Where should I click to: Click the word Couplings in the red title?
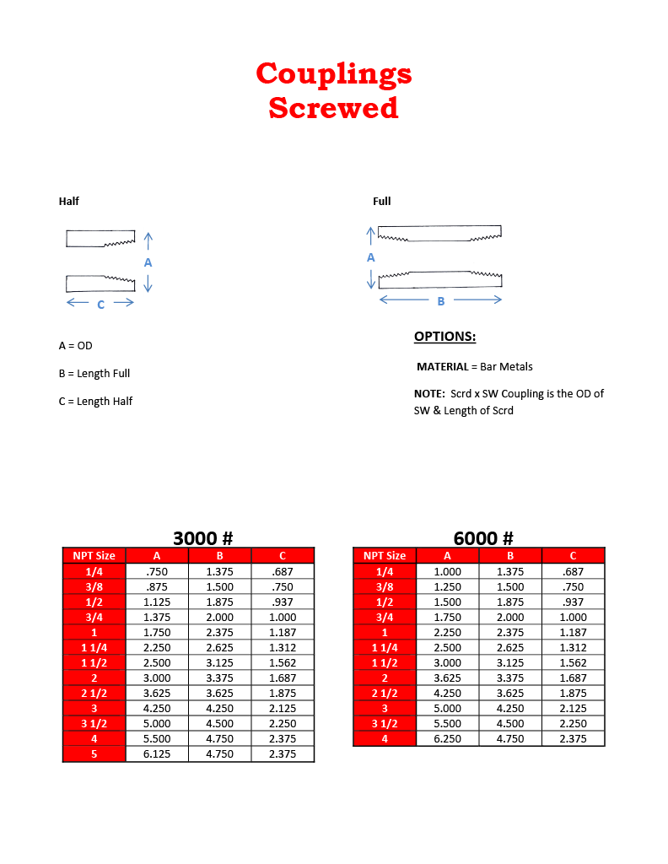pyautogui.click(x=334, y=74)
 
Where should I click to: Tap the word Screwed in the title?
pyautogui.click(x=333, y=108)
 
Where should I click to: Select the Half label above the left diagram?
pyautogui.click(x=69, y=201)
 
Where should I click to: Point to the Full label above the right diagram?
pyautogui.click(x=382, y=201)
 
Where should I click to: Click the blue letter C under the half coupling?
pyautogui.click(x=100, y=305)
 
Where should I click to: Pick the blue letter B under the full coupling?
pyautogui.click(x=440, y=301)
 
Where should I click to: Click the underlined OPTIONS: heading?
pyautogui.click(x=444, y=337)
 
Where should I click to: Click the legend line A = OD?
pyautogui.click(x=76, y=346)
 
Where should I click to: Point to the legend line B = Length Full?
pyautogui.click(x=94, y=374)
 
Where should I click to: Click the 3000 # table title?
pyautogui.click(x=202, y=538)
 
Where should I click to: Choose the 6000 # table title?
pyautogui.click(x=483, y=538)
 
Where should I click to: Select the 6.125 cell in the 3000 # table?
pyautogui.click(x=157, y=753)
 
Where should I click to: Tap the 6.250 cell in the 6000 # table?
pyautogui.click(x=447, y=738)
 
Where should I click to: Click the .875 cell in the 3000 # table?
pyautogui.click(x=157, y=586)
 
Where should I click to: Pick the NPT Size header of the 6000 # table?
pyautogui.click(x=385, y=555)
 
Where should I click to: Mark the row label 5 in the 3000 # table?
pyautogui.click(x=94, y=753)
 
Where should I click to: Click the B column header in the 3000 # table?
pyautogui.click(x=219, y=555)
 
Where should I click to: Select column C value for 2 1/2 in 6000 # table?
pyautogui.click(x=573, y=693)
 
